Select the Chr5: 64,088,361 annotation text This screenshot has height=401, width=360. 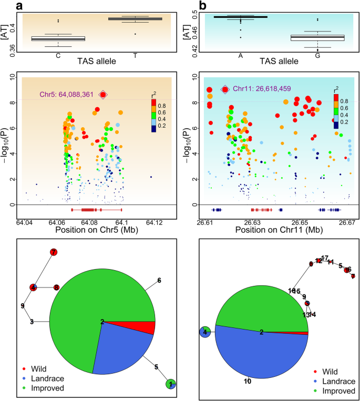[x=67, y=95]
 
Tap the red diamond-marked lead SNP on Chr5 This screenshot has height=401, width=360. [x=104, y=95]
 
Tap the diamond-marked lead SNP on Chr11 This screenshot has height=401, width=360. [x=225, y=89]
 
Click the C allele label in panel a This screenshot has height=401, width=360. [x=58, y=55]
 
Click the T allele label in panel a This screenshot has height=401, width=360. [x=135, y=55]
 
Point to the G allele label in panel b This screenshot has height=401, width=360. [x=317, y=55]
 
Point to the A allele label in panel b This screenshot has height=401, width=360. [x=241, y=55]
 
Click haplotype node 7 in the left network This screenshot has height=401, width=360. [x=53, y=252]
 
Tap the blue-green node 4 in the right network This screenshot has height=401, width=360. [x=205, y=332]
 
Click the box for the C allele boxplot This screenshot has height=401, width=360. [x=58, y=38]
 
